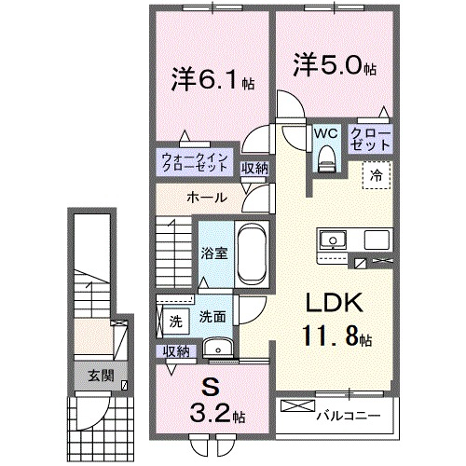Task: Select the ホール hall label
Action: click(x=203, y=198)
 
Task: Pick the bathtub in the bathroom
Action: click(x=251, y=254)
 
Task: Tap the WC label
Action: click(x=325, y=134)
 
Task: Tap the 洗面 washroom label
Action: click(x=212, y=317)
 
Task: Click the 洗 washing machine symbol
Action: click(x=175, y=322)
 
